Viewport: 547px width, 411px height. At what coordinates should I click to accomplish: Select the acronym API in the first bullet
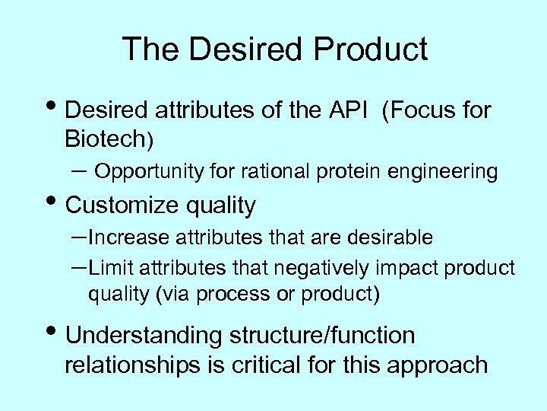click(x=348, y=112)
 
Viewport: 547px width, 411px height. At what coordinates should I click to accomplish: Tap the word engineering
click(x=454, y=173)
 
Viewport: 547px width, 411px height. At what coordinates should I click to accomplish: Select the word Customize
click(x=128, y=205)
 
